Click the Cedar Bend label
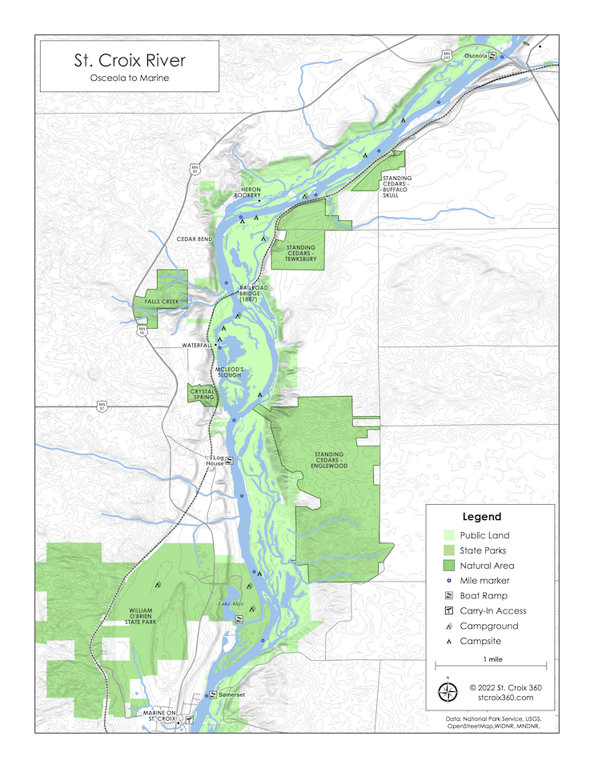[195, 239]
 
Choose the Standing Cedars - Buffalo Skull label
[396, 186]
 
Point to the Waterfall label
[195, 346]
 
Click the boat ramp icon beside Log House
[229, 460]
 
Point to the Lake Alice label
[231, 604]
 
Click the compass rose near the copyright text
[448, 692]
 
